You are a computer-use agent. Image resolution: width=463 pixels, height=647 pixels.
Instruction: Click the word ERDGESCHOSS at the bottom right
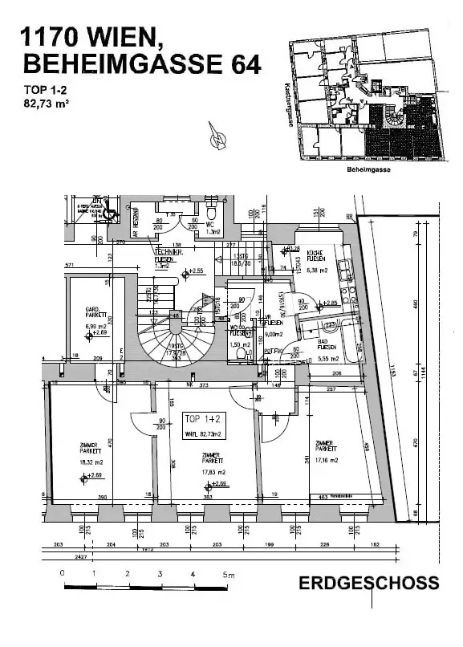coord(368,583)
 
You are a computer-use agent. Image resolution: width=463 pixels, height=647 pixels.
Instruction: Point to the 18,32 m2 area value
coord(87,462)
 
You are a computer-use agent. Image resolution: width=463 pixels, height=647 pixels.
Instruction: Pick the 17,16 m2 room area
coord(326,460)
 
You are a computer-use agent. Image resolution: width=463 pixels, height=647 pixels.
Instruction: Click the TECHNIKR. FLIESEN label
coord(170,255)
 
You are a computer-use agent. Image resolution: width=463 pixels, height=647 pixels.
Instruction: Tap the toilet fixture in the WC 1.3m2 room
coord(212,214)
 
